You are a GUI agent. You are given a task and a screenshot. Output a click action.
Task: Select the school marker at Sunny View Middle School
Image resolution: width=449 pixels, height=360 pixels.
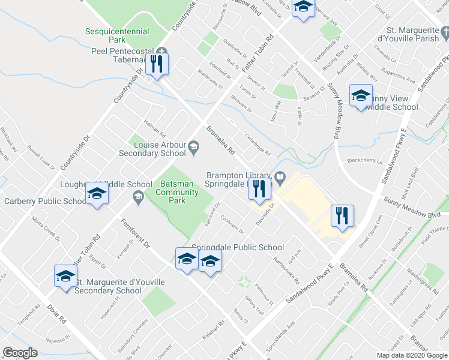click(361, 95)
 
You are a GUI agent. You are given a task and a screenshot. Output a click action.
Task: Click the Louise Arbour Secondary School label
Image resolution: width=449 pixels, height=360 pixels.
click(160, 149)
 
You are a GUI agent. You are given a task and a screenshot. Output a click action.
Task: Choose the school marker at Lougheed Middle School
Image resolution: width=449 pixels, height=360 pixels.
click(96, 193)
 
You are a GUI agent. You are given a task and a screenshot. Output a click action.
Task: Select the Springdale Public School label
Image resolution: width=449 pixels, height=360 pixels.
click(238, 247)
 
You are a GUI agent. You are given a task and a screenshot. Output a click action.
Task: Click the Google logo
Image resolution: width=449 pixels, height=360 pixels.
click(20, 353)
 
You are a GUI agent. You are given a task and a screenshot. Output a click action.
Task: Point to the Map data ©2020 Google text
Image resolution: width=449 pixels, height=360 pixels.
click(412, 355)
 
